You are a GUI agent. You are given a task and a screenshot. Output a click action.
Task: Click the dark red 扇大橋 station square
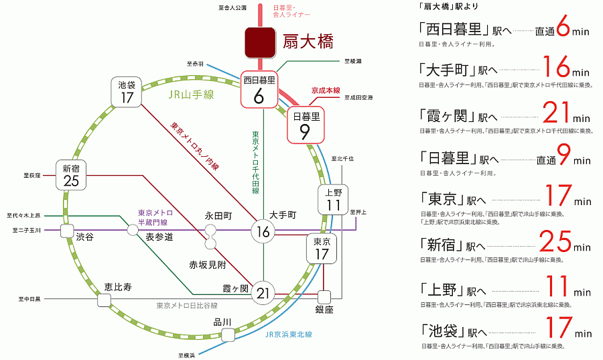[x=259, y=42]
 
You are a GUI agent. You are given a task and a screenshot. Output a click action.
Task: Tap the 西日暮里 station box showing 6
[x=259, y=89]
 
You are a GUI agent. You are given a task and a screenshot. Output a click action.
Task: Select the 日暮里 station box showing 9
[x=306, y=125]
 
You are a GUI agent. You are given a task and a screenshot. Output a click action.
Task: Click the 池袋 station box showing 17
[x=127, y=92]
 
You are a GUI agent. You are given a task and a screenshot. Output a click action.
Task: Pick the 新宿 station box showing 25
[x=72, y=175]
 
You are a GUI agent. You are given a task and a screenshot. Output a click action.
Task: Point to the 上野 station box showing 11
[x=333, y=198]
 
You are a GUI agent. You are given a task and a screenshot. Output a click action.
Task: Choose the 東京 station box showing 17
[x=322, y=249]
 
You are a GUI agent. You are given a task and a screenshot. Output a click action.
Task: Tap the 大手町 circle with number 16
[x=263, y=233]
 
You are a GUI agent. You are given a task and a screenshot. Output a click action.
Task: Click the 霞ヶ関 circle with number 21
[x=263, y=292]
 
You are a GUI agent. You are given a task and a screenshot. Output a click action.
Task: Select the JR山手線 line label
[x=191, y=95]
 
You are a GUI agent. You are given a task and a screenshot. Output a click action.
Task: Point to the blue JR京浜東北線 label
[x=289, y=334]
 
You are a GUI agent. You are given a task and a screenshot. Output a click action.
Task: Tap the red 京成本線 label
[x=326, y=89]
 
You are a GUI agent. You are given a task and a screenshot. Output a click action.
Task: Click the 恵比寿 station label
[x=118, y=287]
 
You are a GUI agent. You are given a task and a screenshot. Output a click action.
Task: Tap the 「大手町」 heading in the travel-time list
[x=448, y=70]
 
